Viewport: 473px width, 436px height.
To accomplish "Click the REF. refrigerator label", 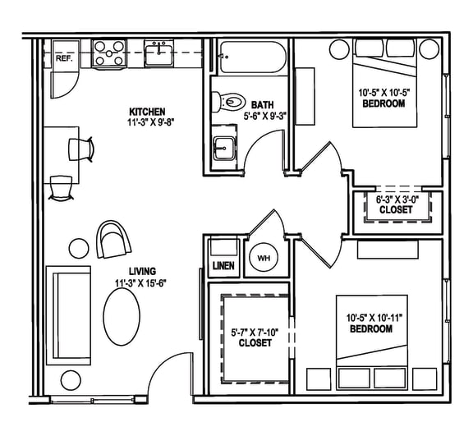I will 63,59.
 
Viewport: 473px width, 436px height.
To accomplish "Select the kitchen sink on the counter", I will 158,55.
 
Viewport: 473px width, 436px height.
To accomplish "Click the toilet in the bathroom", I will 229,102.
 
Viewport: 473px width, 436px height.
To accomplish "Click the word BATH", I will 263,104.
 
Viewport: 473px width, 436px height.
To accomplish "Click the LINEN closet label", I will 223,266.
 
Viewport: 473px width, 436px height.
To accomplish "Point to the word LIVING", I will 142,271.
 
